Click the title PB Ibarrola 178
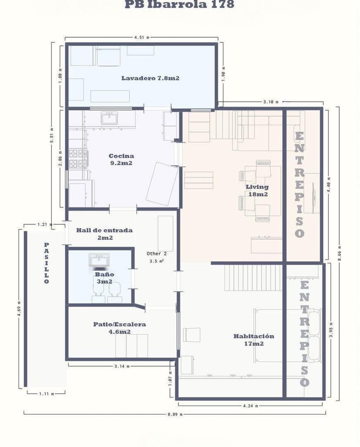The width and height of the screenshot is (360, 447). pos(179,5)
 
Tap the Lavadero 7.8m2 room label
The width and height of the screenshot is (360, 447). pos(150,78)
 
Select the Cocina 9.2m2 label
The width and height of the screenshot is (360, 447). pos(121,159)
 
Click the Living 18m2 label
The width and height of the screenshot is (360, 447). pos(257,190)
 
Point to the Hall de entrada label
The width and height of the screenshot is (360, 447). pos(104,234)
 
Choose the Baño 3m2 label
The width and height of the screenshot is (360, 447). pos(104,278)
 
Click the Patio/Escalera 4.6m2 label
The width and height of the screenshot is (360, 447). pos(120,328)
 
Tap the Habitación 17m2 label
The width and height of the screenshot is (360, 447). pos(254,340)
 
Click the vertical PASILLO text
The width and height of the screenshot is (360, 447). pos(47,263)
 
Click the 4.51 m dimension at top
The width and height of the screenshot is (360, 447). pos(142,38)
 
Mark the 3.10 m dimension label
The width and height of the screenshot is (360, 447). pos(270,102)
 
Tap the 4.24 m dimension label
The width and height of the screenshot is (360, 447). pos(250,406)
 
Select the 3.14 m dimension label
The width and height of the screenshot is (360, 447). pos(122,366)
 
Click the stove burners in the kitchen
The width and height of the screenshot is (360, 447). pos(79,158)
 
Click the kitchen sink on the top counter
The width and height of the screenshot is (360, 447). pos(109,118)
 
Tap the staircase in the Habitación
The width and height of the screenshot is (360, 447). pos(253,277)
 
